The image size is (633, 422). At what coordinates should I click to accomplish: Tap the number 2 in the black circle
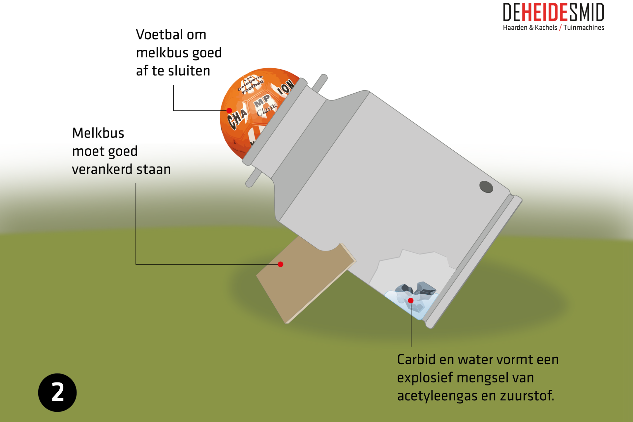[58, 393]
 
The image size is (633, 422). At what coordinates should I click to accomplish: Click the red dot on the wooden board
[281, 264]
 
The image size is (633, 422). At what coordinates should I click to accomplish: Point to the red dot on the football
[229, 110]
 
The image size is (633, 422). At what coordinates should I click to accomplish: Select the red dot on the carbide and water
[411, 300]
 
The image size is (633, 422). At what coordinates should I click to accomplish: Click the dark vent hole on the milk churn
[486, 187]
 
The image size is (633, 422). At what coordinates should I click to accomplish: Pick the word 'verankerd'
[102, 169]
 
